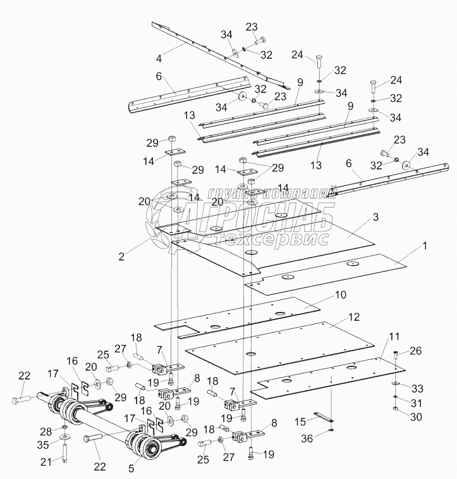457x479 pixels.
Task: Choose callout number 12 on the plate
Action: click(354, 316)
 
